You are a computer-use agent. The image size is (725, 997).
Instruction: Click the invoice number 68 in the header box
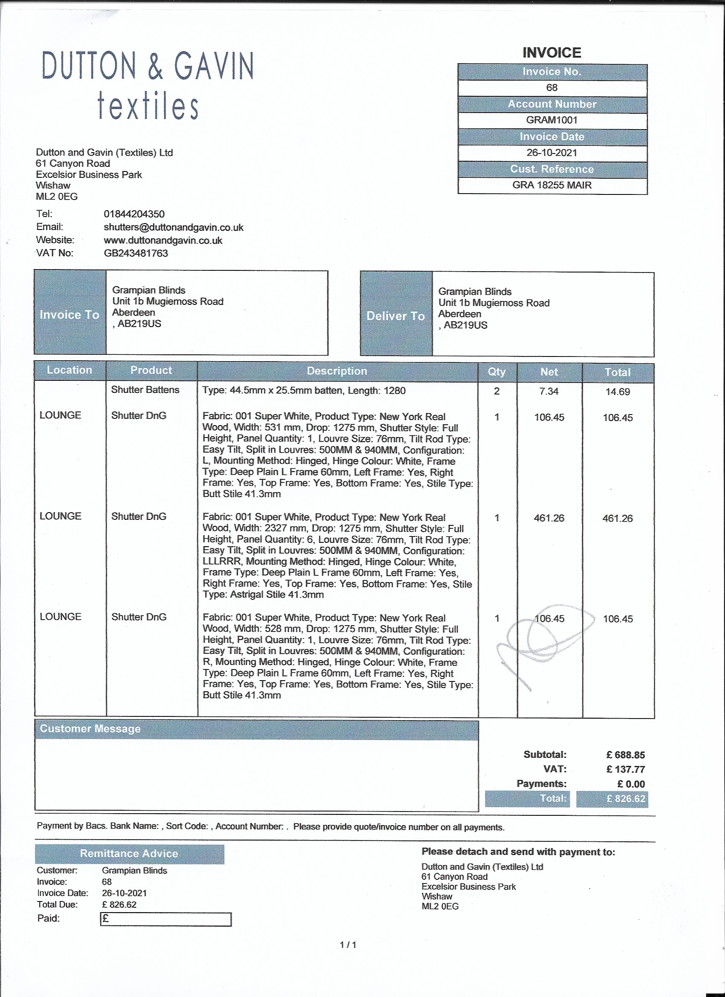click(x=552, y=88)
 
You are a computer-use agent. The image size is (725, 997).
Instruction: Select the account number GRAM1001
click(x=552, y=120)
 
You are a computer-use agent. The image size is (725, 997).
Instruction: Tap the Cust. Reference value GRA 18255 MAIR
click(x=552, y=185)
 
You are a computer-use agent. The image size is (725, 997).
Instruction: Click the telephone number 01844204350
click(x=134, y=214)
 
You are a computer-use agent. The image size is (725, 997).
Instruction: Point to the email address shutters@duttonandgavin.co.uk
click(x=173, y=227)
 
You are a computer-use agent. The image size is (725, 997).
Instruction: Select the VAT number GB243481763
click(x=136, y=253)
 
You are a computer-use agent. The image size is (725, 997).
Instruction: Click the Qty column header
click(x=497, y=372)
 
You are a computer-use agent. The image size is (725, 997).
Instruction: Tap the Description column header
click(x=337, y=371)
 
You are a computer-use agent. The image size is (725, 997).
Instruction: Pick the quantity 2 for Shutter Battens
click(x=497, y=391)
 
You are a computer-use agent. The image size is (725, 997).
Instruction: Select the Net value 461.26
click(x=549, y=518)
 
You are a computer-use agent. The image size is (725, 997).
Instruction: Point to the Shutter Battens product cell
click(x=145, y=390)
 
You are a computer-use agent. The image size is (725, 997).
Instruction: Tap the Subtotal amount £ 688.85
click(x=625, y=755)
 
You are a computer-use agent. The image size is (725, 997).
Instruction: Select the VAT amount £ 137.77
click(x=625, y=770)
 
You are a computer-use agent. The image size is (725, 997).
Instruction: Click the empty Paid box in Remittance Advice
click(x=166, y=919)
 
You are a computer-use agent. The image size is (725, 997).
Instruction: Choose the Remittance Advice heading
click(x=129, y=854)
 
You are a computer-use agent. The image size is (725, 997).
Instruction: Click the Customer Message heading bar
click(x=256, y=729)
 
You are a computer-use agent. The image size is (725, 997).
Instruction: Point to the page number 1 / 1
click(x=348, y=945)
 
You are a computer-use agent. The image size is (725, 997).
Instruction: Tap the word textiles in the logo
click(x=148, y=106)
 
